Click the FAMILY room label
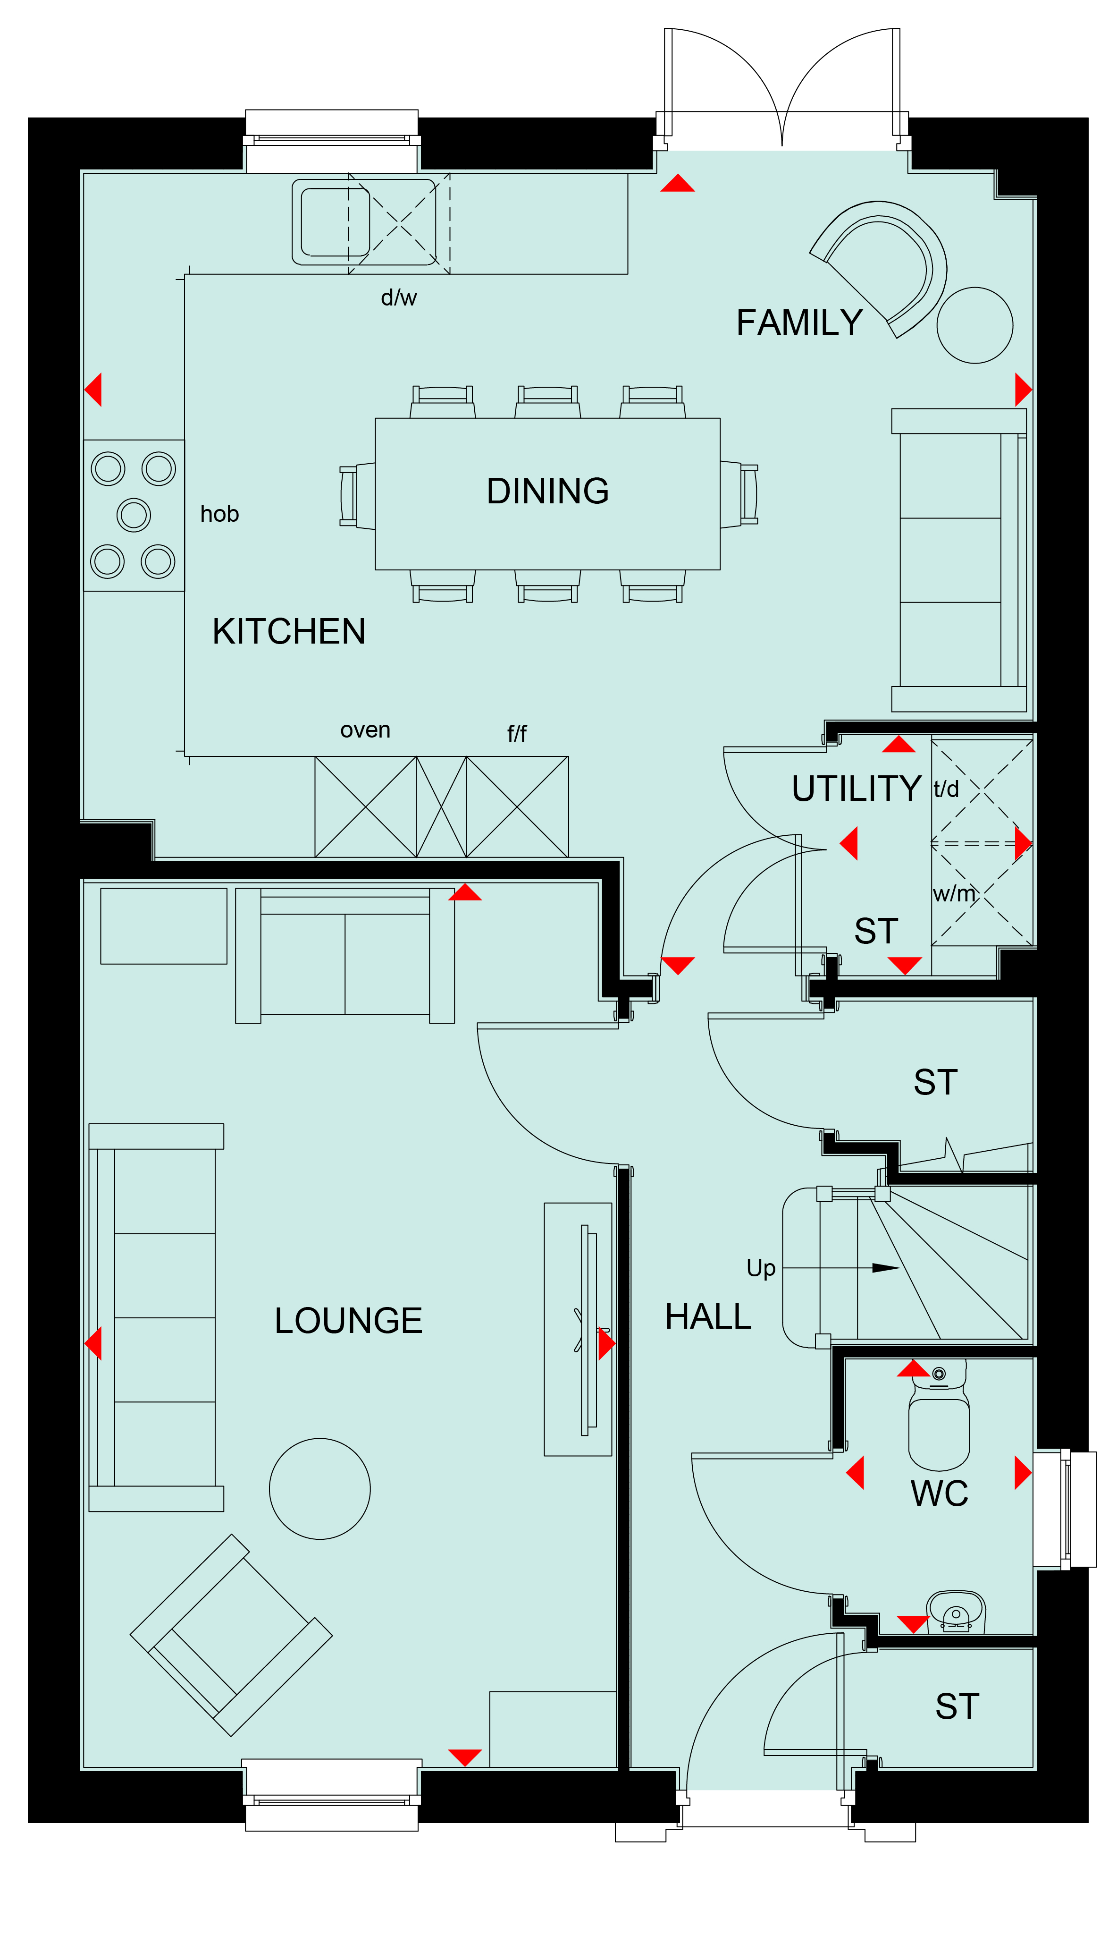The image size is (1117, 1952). pos(799,323)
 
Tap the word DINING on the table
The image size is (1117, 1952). pos(548,491)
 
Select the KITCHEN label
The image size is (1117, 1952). pos(289,632)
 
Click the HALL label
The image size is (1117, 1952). pos(708,1317)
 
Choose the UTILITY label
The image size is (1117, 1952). pos(856,789)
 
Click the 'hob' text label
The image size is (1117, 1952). pos(219,514)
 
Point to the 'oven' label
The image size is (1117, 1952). pos(365,730)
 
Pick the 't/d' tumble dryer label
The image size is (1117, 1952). pos(946,789)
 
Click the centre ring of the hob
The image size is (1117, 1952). pos(134,515)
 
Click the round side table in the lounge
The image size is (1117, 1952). pos(320,1489)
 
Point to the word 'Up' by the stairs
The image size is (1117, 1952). pos(761,1268)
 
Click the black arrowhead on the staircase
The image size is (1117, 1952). pos(886,1268)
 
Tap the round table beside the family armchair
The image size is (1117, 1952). pos(975,325)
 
